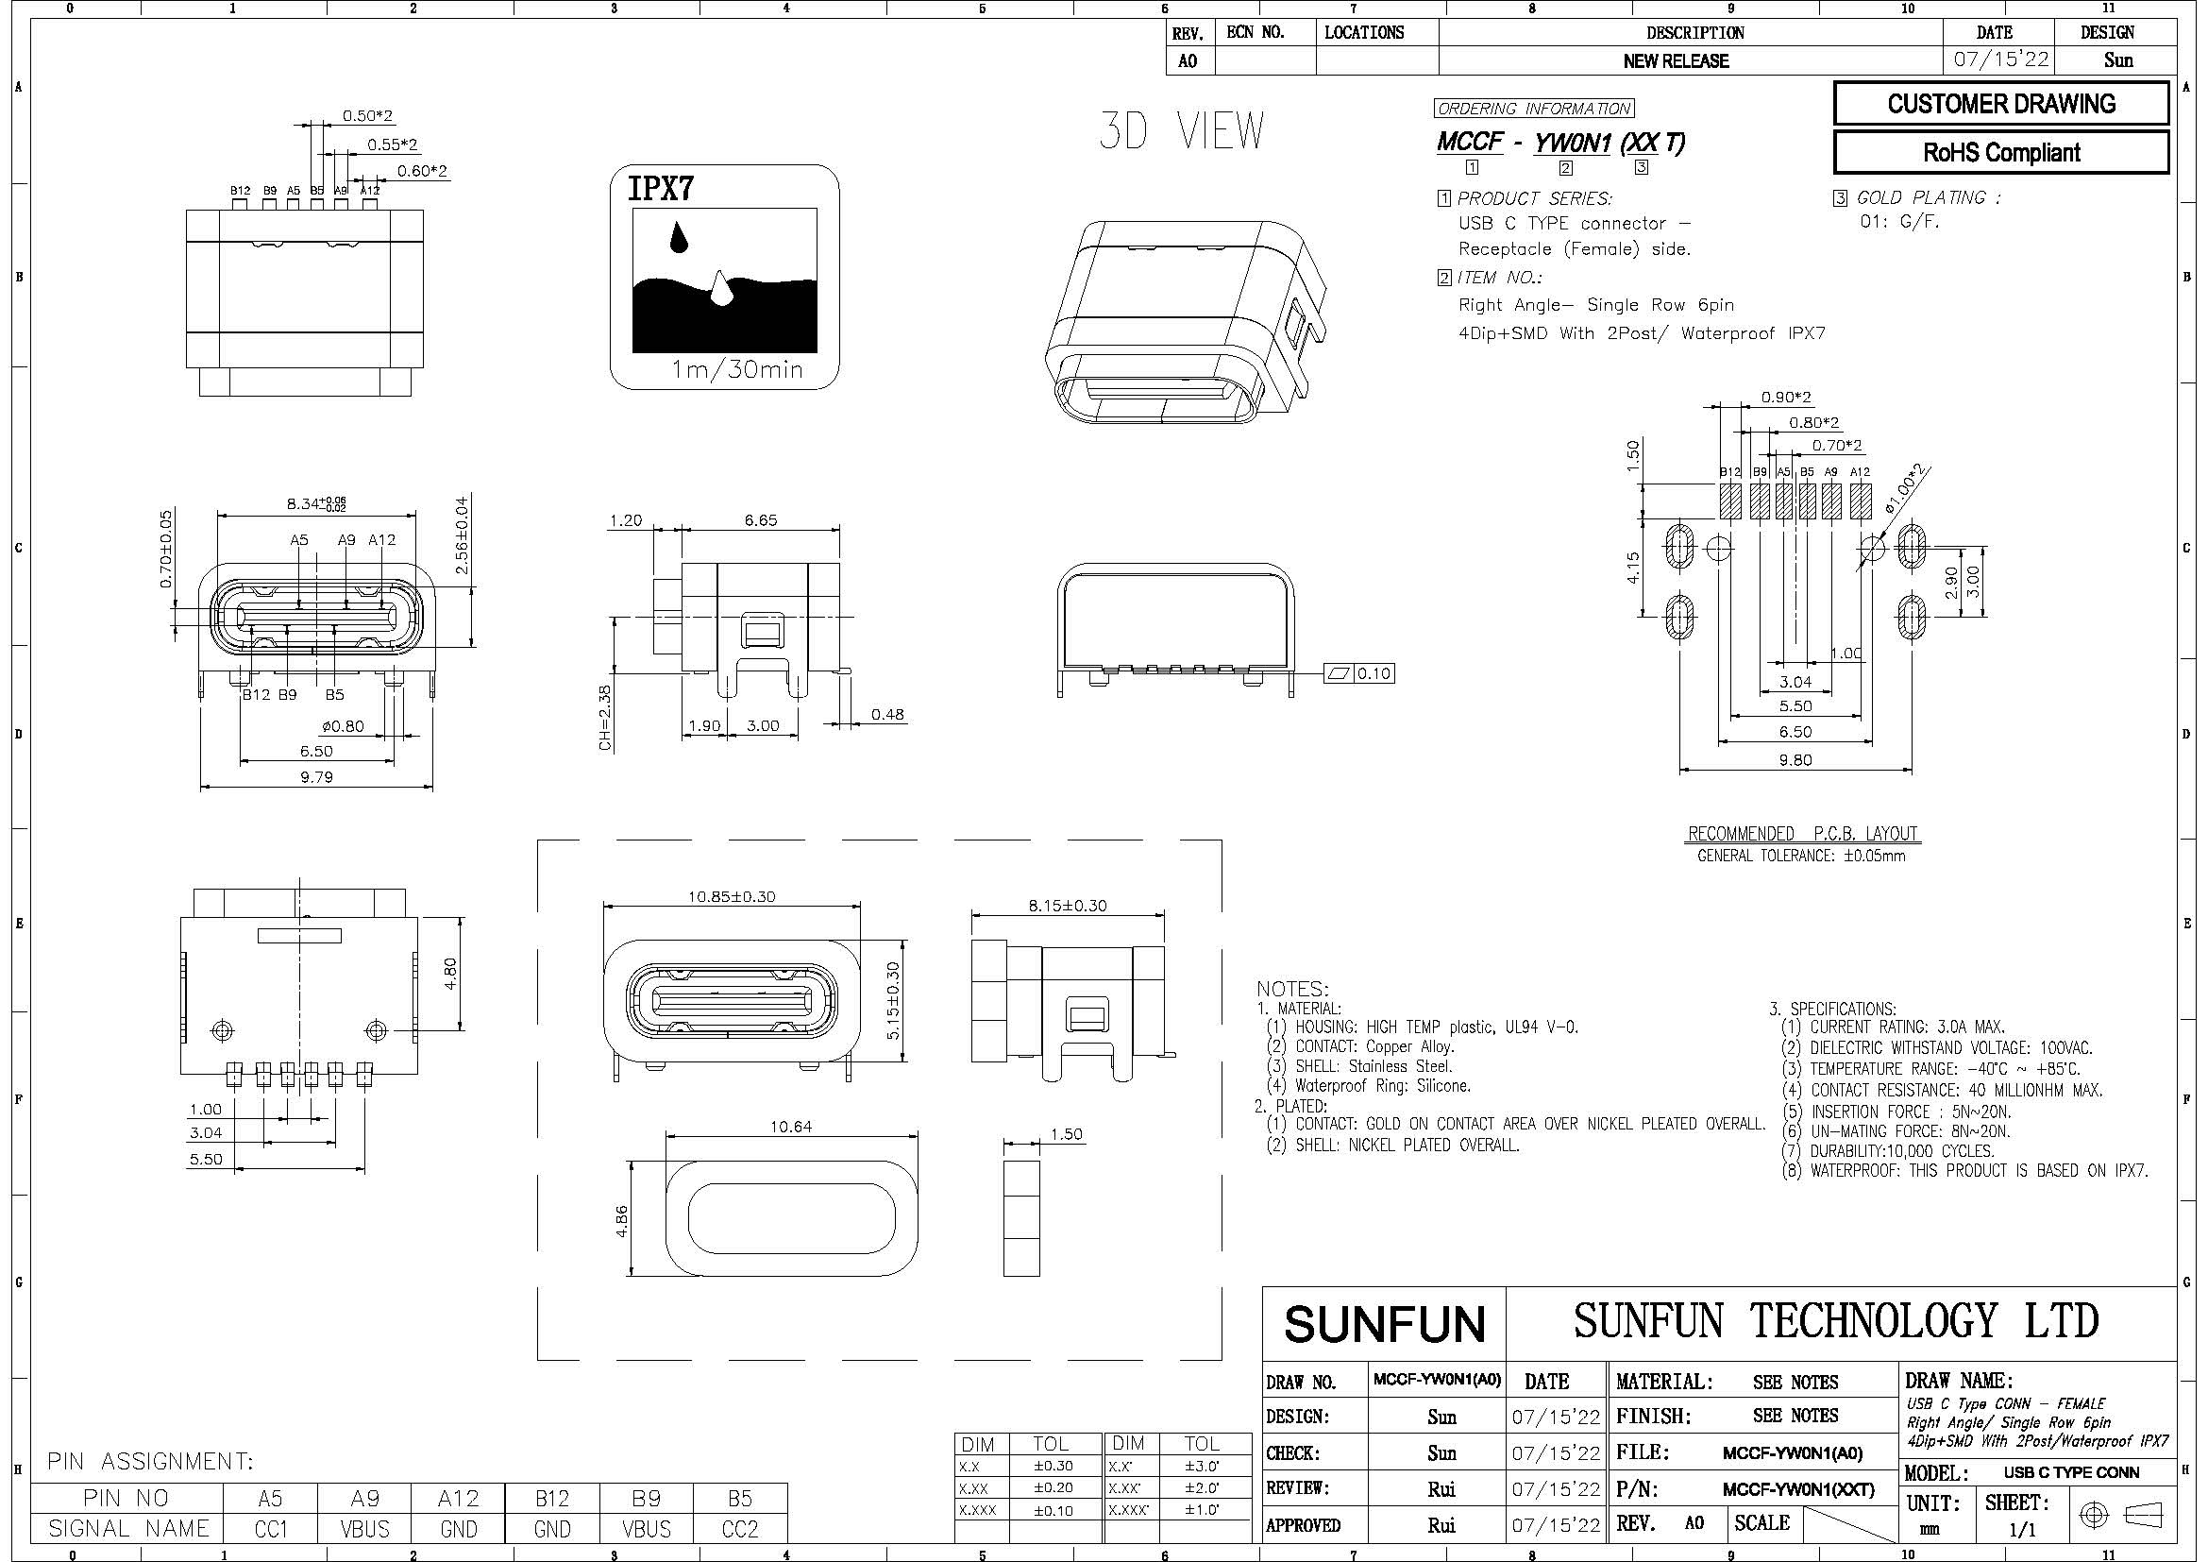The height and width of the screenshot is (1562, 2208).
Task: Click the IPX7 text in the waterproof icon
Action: tap(661, 189)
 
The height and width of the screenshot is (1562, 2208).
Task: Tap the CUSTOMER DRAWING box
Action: tap(2001, 104)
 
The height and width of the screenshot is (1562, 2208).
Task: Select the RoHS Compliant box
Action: tap(2001, 152)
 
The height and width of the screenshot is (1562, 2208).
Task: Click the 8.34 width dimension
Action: tap(316, 503)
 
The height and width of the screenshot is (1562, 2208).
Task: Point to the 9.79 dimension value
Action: tap(316, 777)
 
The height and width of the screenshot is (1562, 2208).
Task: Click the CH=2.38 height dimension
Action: tap(605, 718)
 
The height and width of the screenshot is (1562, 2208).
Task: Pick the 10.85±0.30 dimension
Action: tap(731, 896)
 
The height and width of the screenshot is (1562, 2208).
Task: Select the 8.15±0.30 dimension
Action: tap(1067, 905)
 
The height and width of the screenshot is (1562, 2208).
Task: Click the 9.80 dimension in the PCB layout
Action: tap(1795, 760)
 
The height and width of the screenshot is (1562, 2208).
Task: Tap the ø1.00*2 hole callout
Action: tap(1906, 487)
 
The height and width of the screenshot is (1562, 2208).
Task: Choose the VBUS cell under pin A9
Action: tap(364, 1528)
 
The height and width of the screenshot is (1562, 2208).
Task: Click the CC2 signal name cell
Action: tap(739, 1528)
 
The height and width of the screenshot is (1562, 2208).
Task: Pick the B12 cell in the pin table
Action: tap(552, 1499)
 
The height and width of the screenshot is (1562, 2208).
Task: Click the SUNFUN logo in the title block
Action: tap(1385, 1324)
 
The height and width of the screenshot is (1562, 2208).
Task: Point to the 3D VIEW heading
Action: tap(1182, 132)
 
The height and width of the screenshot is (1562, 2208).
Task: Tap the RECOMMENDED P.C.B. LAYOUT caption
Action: tap(1803, 833)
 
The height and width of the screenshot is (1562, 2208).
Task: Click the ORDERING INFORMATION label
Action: tap(1534, 109)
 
